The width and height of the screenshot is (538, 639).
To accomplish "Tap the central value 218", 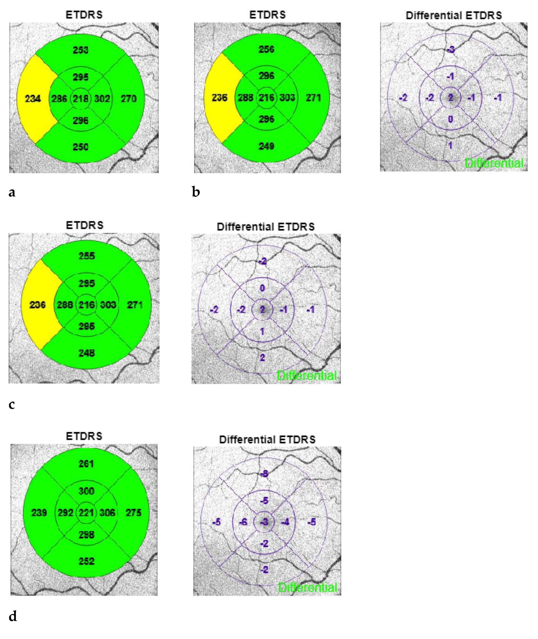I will (x=81, y=98).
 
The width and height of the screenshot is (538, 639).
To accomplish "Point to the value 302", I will (x=102, y=98).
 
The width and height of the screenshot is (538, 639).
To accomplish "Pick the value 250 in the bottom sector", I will (x=81, y=147).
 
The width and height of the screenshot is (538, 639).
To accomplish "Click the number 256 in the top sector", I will (x=267, y=49).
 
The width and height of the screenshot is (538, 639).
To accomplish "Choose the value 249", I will (x=267, y=146).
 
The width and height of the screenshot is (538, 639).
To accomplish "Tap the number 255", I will (x=87, y=256).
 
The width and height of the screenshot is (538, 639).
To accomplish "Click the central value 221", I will (x=86, y=512).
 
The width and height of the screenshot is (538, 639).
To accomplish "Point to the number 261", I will (x=86, y=464).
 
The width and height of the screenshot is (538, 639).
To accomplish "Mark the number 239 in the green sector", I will (x=39, y=512).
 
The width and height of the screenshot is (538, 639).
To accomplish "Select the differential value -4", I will (x=285, y=522).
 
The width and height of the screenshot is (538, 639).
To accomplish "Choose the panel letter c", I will (x=12, y=404).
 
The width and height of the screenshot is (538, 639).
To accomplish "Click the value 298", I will (x=86, y=534).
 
